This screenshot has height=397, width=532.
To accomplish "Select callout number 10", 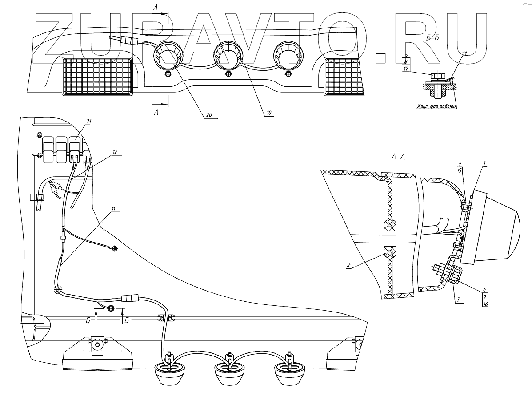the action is point(268,113).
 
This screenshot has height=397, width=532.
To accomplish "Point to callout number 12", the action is point(114,151).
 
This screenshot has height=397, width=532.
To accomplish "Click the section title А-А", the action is point(398,156).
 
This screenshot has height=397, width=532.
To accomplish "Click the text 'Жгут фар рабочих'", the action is point(437,107).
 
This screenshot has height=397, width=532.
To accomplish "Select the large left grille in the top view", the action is point(98,77).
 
